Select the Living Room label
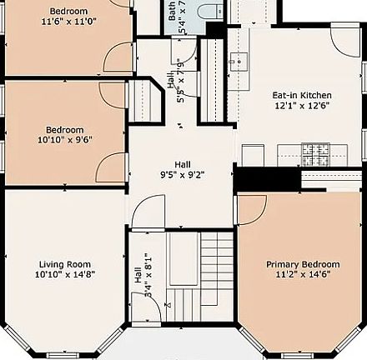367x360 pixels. [x=64, y=264]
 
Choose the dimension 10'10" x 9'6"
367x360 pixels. [x=64, y=140]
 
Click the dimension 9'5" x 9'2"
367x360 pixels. [x=181, y=175]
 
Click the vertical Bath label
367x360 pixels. [x=172, y=11]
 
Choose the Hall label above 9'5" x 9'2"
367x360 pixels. [x=181, y=164]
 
